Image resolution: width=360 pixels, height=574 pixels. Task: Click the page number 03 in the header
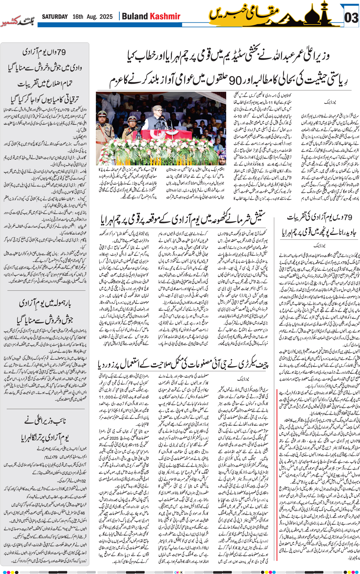point(351,18)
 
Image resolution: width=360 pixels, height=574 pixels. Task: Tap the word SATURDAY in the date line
point(55,17)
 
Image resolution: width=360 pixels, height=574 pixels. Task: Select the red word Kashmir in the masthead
point(165,16)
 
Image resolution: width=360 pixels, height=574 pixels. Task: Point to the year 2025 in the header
point(106,17)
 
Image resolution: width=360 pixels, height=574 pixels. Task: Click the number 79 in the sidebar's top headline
point(61,52)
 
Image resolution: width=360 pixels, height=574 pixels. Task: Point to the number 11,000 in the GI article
point(106,397)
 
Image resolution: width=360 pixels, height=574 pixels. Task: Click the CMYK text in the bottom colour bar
point(179,572)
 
